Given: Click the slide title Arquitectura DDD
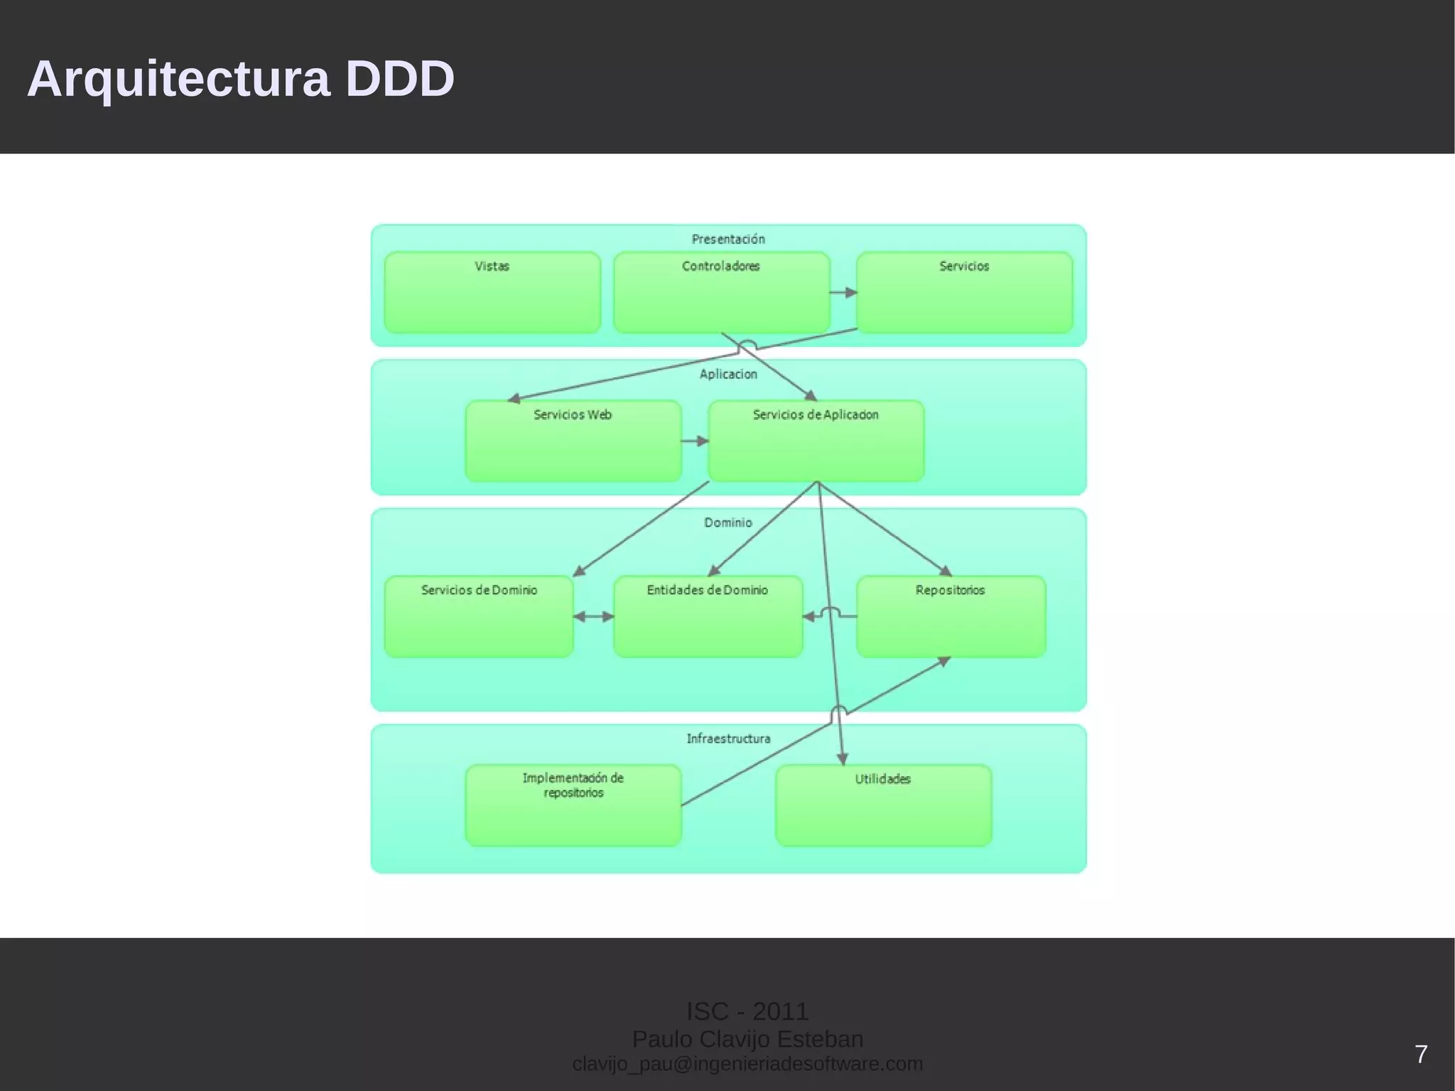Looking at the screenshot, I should click(x=240, y=78).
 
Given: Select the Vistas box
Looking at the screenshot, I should click(x=492, y=292).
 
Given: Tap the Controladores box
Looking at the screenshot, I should click(x=721, y=292).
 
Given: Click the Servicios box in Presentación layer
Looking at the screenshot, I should click(x=964, y=292).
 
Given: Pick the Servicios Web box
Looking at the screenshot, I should click(x=573, y=441).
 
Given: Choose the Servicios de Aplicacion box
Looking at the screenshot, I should click(x=816, y=441).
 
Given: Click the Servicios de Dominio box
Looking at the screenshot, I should click(x=479, y=616).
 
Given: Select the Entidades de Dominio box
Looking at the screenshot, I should click(x=708, y=616).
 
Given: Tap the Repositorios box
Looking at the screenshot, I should click(x=951, y=616).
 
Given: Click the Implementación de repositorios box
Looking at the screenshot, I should click(x=573, y=805).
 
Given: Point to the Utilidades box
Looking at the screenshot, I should click(x=883, y=805).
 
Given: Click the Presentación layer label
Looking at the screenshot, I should click(x=728, y=239).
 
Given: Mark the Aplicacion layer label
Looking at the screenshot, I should click(x=728, y=374).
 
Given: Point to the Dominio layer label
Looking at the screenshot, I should click(x=728, y=522).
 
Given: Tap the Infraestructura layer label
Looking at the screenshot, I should click(x=728, y=738).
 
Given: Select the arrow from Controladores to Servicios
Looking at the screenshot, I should click(x=843, y=292).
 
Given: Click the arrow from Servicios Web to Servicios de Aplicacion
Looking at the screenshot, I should click(x=695, y=441).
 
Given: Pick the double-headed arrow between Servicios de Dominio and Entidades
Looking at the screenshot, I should click(x=593, y=616).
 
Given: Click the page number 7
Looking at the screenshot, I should click(x=1421, y=1054).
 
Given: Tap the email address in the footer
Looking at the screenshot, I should click(x=747, y=1064).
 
